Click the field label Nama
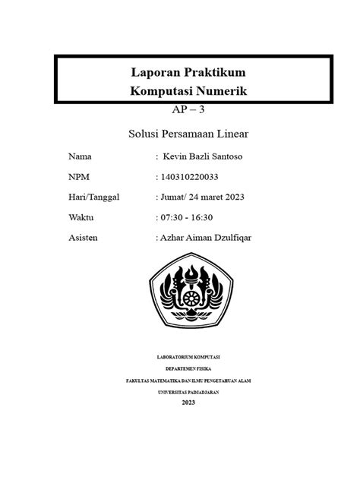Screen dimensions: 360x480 80,157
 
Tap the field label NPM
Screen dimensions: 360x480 79,177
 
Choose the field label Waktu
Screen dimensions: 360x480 81,217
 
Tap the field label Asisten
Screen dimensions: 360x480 84,237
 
